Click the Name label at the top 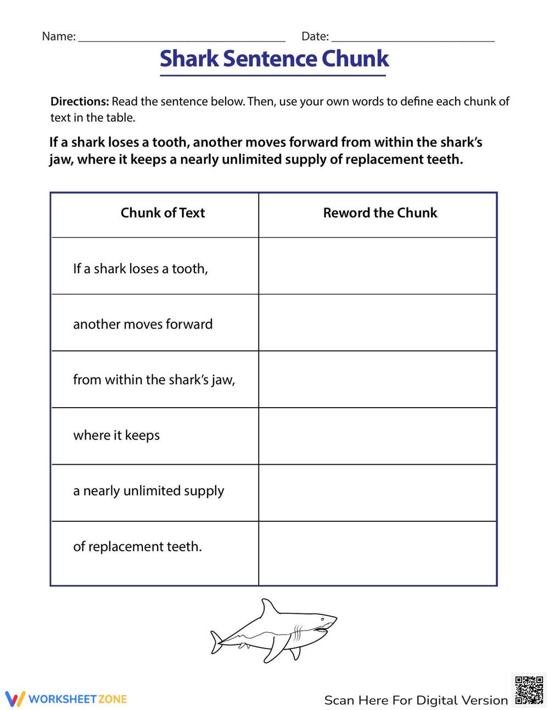(58, 36)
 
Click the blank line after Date (413, 38)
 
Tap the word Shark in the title (189, 59)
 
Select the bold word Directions (80, 102)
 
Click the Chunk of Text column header (163, 213)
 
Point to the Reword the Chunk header (380, 213)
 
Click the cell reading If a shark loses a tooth (141, 268)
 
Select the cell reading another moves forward (143, 324)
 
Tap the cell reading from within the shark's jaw (154, 380)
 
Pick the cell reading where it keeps (116, 435)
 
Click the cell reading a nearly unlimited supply (148, 491)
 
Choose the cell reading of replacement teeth (137, 546)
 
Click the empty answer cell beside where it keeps (378, 436)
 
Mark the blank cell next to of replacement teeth (378, 553)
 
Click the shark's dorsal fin (268, 608)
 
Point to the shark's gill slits (298, 632)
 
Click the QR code (529, 690)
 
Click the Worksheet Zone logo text (77, 699)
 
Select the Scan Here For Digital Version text (416, 700)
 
